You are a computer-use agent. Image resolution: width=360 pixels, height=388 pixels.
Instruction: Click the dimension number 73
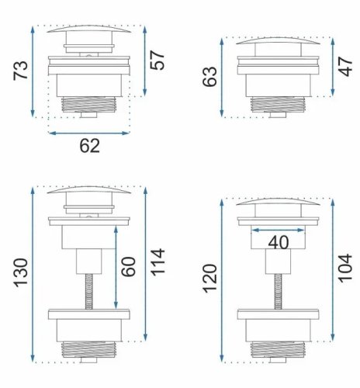point(20,70)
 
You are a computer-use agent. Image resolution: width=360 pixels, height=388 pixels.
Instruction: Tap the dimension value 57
point(157,61)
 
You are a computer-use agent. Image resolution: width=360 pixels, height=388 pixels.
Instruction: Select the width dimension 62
point(89,146)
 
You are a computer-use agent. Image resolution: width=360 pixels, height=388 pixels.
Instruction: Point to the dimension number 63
point(209,77)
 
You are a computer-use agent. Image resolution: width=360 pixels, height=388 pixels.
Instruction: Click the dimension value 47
point(345,67)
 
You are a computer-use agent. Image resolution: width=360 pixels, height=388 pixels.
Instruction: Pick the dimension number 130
point(21,272)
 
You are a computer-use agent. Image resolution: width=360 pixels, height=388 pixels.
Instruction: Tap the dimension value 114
point(157,262)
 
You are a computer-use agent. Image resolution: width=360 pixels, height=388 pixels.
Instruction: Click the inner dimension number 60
point(128,267)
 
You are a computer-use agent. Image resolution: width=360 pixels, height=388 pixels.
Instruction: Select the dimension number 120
point(209,279)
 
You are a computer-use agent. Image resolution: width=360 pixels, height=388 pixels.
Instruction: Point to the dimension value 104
point(345,268)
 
